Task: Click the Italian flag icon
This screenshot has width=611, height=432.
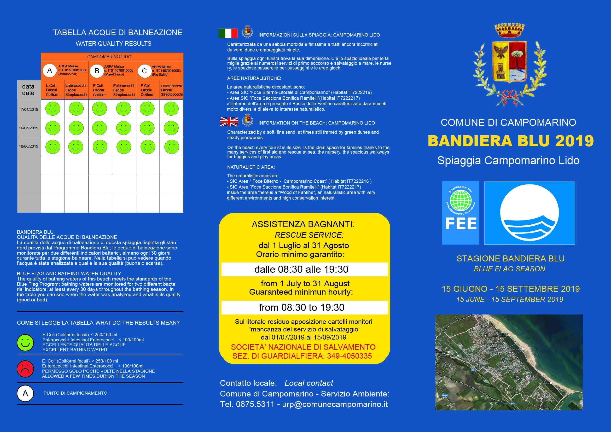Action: (x=228, y=33)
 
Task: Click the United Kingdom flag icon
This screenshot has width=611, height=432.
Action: (x=229, y=121)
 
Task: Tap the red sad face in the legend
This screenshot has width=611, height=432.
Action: (x=25, y=369)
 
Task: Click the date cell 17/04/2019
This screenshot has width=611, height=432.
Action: (x=29, y=109)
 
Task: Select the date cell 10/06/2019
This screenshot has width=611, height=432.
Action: (x=29, y=146)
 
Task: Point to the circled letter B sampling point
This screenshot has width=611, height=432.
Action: (x=97, y=71)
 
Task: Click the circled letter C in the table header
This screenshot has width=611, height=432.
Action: (x=144, y=71)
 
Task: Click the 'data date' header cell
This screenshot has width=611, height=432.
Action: (x=28, y=90)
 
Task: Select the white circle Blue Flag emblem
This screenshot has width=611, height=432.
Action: (x=529, y=213)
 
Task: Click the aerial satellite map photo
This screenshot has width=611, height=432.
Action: (x=509, y=362)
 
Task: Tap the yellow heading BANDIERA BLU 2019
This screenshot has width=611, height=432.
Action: (x=510, y=141)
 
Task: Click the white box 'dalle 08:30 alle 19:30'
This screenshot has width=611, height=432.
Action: (x=304, y=269)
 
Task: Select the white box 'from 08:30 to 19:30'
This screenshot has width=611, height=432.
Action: (x=304, y=307)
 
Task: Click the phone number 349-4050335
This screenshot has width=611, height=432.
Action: (x=349, y=356)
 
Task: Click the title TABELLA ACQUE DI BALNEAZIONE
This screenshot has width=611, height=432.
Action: (x=117, y=32)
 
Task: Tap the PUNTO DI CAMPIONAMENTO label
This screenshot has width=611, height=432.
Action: (x=75, y=393)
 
